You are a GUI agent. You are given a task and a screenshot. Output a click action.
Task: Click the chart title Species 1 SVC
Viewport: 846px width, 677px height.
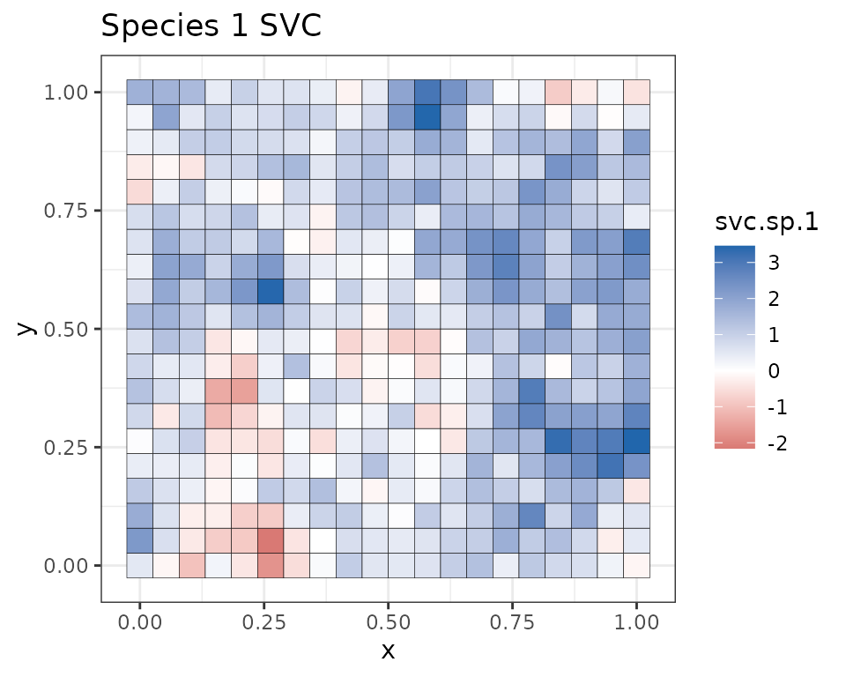(x=211, y=26)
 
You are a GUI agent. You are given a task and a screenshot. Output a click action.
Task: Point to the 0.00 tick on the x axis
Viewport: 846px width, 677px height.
(x=139, y=622)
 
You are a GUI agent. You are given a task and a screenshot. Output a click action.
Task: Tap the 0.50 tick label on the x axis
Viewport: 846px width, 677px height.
(x=388, y=622)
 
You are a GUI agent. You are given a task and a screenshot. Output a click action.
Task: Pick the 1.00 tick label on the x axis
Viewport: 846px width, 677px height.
(x=636, y=622)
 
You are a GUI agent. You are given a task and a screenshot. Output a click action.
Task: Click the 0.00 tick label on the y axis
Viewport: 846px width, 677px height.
(x=67, y=566)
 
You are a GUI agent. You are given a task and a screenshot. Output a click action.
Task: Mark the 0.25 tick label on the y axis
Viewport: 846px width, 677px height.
(x=67, y=448)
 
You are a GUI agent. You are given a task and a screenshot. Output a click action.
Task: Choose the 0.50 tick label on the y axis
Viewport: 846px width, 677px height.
(x=67, y=329)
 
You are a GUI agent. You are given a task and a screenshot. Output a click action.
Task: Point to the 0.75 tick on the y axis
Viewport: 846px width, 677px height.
(x=67, y=211)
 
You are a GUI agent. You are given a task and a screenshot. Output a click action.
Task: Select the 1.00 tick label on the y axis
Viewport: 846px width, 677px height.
(x=67, y=93)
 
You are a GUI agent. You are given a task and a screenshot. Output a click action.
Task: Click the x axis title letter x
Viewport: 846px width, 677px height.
(x=388, y=651)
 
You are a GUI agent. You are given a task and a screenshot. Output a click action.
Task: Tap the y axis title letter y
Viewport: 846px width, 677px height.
(x=27, y=328)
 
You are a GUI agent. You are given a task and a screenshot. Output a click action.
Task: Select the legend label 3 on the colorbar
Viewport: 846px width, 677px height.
(x=774, y=262)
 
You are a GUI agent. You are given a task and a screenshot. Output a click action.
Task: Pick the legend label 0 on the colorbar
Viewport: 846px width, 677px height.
(x=774, y=371)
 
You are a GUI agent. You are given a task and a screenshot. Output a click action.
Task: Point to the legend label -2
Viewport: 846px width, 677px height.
(x=777, y=443)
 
